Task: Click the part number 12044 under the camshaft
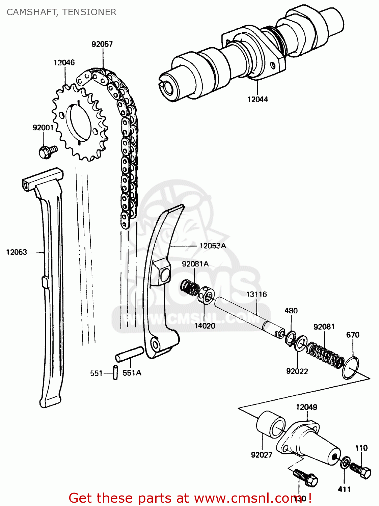click(258, 99)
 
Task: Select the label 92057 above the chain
click(102, 44)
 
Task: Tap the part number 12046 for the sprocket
click(64, 62)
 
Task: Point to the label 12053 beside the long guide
click(17, 252)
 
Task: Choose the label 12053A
click(213, 246)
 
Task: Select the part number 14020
click(205, 326)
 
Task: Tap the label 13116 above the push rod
click(256, 294)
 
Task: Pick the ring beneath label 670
click(350, 368)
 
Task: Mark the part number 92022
click(297, 371)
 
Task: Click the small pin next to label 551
click(115, 373)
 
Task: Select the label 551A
click(132, 373)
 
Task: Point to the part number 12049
click(306, 407)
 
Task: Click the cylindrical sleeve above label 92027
click(271, 424)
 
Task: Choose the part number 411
click(344, 489)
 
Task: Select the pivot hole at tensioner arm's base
click(155, 345)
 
